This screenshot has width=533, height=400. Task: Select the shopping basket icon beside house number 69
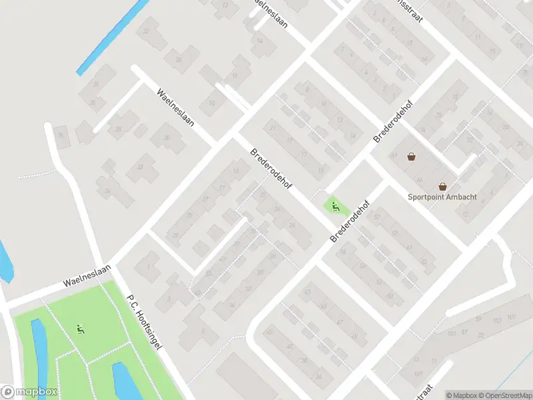(412, 157)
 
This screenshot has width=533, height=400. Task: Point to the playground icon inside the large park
(81, 328)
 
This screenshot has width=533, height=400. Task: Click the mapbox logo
(29, 392)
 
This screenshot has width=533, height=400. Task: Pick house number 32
(140, 167)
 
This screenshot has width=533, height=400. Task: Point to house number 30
(167, 138)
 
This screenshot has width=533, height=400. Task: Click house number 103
(496, 320)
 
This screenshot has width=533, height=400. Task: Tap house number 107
(512, 316)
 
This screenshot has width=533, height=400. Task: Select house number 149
(417, 374)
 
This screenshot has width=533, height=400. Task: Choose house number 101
(452, 333)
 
